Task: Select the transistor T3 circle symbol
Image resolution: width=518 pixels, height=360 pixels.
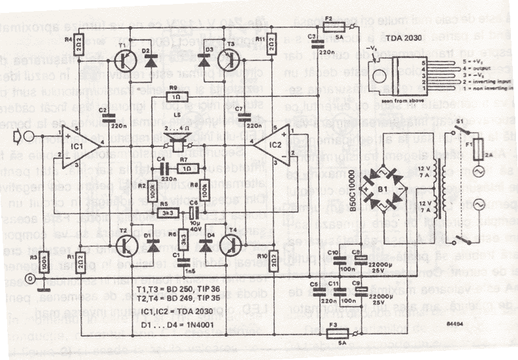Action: [229, 62]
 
